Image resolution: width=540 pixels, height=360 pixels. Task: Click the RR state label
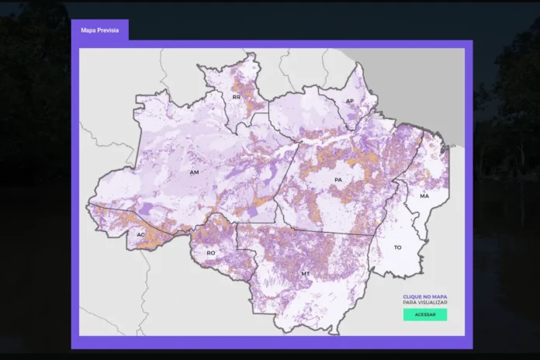tap(236, 98)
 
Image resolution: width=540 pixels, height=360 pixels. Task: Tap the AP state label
tap(350, 102)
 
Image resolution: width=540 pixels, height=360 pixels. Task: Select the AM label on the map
tap(195, 172)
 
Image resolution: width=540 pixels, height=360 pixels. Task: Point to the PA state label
tap(337, 180)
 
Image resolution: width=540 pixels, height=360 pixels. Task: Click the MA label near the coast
tap(424, 196)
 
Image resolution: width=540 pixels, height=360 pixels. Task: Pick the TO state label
tap(398, 247)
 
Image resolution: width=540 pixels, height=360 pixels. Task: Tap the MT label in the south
tap(306, 274)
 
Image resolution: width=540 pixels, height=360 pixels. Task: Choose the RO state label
tap(210, 253)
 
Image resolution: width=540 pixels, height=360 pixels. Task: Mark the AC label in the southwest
tap(140, 234)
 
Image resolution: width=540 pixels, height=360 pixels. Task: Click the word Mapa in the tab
tap(89, 30)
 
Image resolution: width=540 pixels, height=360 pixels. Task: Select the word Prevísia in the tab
tap(109, 30)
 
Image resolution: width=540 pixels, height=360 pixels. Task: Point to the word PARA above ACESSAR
tap(410, 302)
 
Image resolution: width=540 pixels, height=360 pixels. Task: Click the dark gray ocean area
tap(442, 85)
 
